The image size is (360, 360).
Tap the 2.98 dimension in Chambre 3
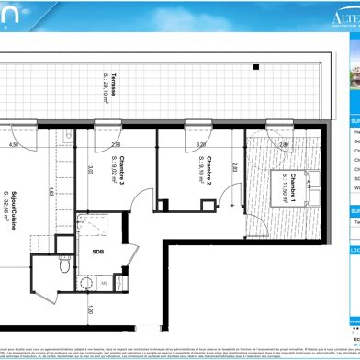[x=116, y=144]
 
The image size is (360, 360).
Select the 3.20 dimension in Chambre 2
[x=201, y=144]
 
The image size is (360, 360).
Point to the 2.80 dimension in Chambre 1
[x=284, y=144]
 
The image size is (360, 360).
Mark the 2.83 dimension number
[x=236, y=166]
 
